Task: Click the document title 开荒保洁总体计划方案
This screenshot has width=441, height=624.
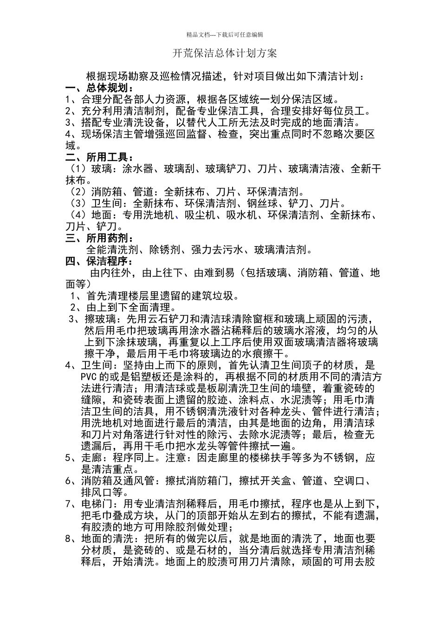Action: pos(225,53)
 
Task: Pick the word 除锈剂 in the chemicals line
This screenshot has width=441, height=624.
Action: pos(165,250)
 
